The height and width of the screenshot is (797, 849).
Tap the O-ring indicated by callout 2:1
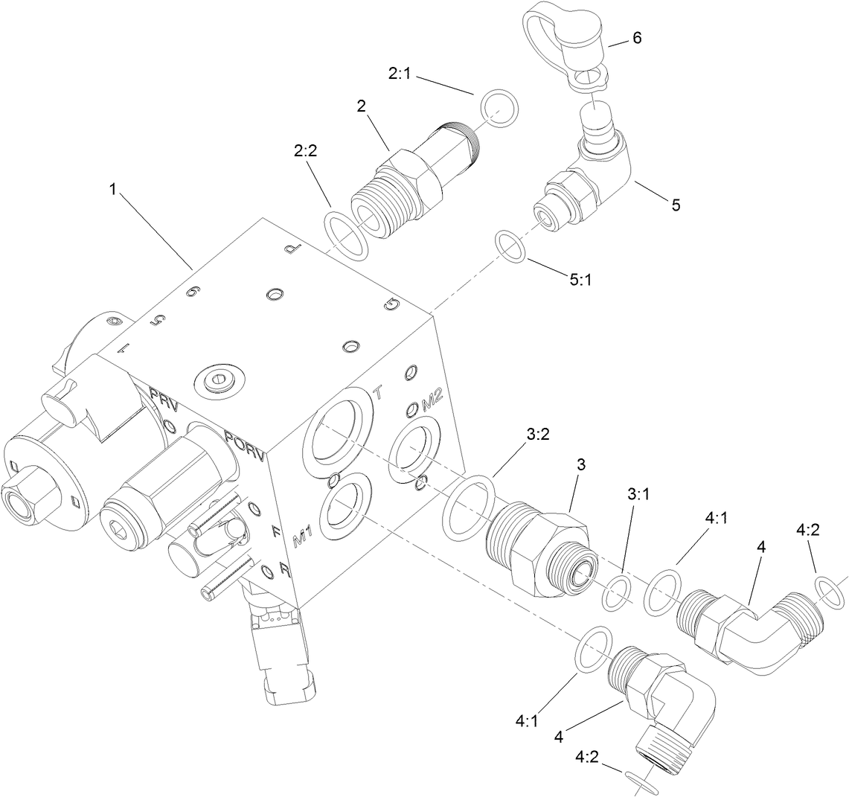tap(501, 110)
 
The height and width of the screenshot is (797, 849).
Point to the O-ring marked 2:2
tap(346, 237)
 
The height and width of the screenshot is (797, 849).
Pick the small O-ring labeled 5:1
tap(512, 246)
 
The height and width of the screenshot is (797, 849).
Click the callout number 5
tap(676, 205)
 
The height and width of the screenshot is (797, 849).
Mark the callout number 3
tap(581, 464)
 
